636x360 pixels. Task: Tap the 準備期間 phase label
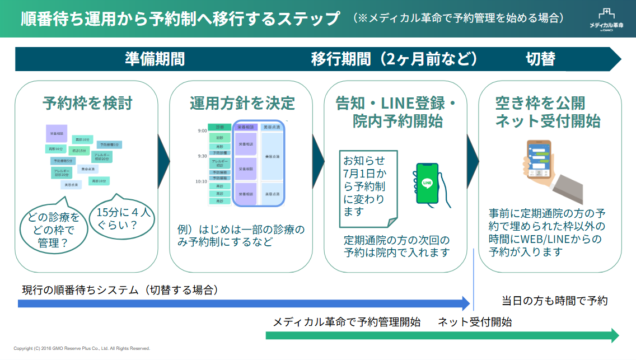click(155, 59)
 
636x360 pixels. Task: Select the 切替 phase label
click(540, 59)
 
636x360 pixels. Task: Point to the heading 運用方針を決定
click(242, 104)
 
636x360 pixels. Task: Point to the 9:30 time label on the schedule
click(202, 156)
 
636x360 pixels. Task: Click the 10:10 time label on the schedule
click(201, 181)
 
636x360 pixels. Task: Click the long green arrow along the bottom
click(442, 335)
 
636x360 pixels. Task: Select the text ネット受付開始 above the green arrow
click(475, 322)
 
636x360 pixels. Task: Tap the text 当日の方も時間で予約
click(554, 301)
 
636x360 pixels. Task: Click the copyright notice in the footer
click(82, 348)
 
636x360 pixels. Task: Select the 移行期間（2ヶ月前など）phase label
click(395, 59)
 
